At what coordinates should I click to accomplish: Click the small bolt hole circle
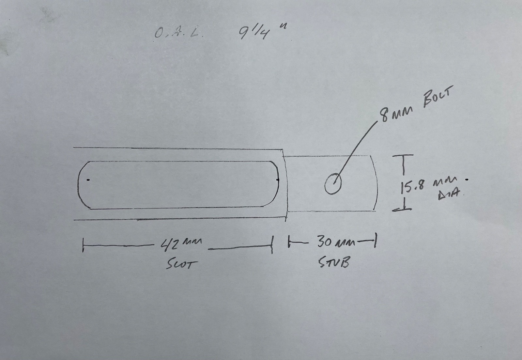pyautogui.click(x=333, y=183)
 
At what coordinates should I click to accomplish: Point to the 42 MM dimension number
pyautogui.click(x=181, y=244)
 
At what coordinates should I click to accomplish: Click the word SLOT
pyautogui.click(x=181, y=265)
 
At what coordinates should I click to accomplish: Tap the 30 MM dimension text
pyautogui.click(x=336, y=242)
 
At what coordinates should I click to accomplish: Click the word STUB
pyautogui.click(x=334, y=262)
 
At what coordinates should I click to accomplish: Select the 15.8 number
pyautogui.click(x=411, y=187)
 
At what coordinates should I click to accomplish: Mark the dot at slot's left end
pyautogui.click(x=88, y=180)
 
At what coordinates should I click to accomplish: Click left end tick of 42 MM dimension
pyautogui.click(x=83, y=245)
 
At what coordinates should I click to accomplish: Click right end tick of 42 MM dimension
pyautogui.click(x=272, y=244)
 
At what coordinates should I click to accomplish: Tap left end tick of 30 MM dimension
pyautogui.click(x=289, y=242)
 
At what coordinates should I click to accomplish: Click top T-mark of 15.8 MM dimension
pyautogui.click(x=403, y=155)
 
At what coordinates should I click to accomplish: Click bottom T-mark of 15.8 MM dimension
pyautogui.click(x=402, y=210)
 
